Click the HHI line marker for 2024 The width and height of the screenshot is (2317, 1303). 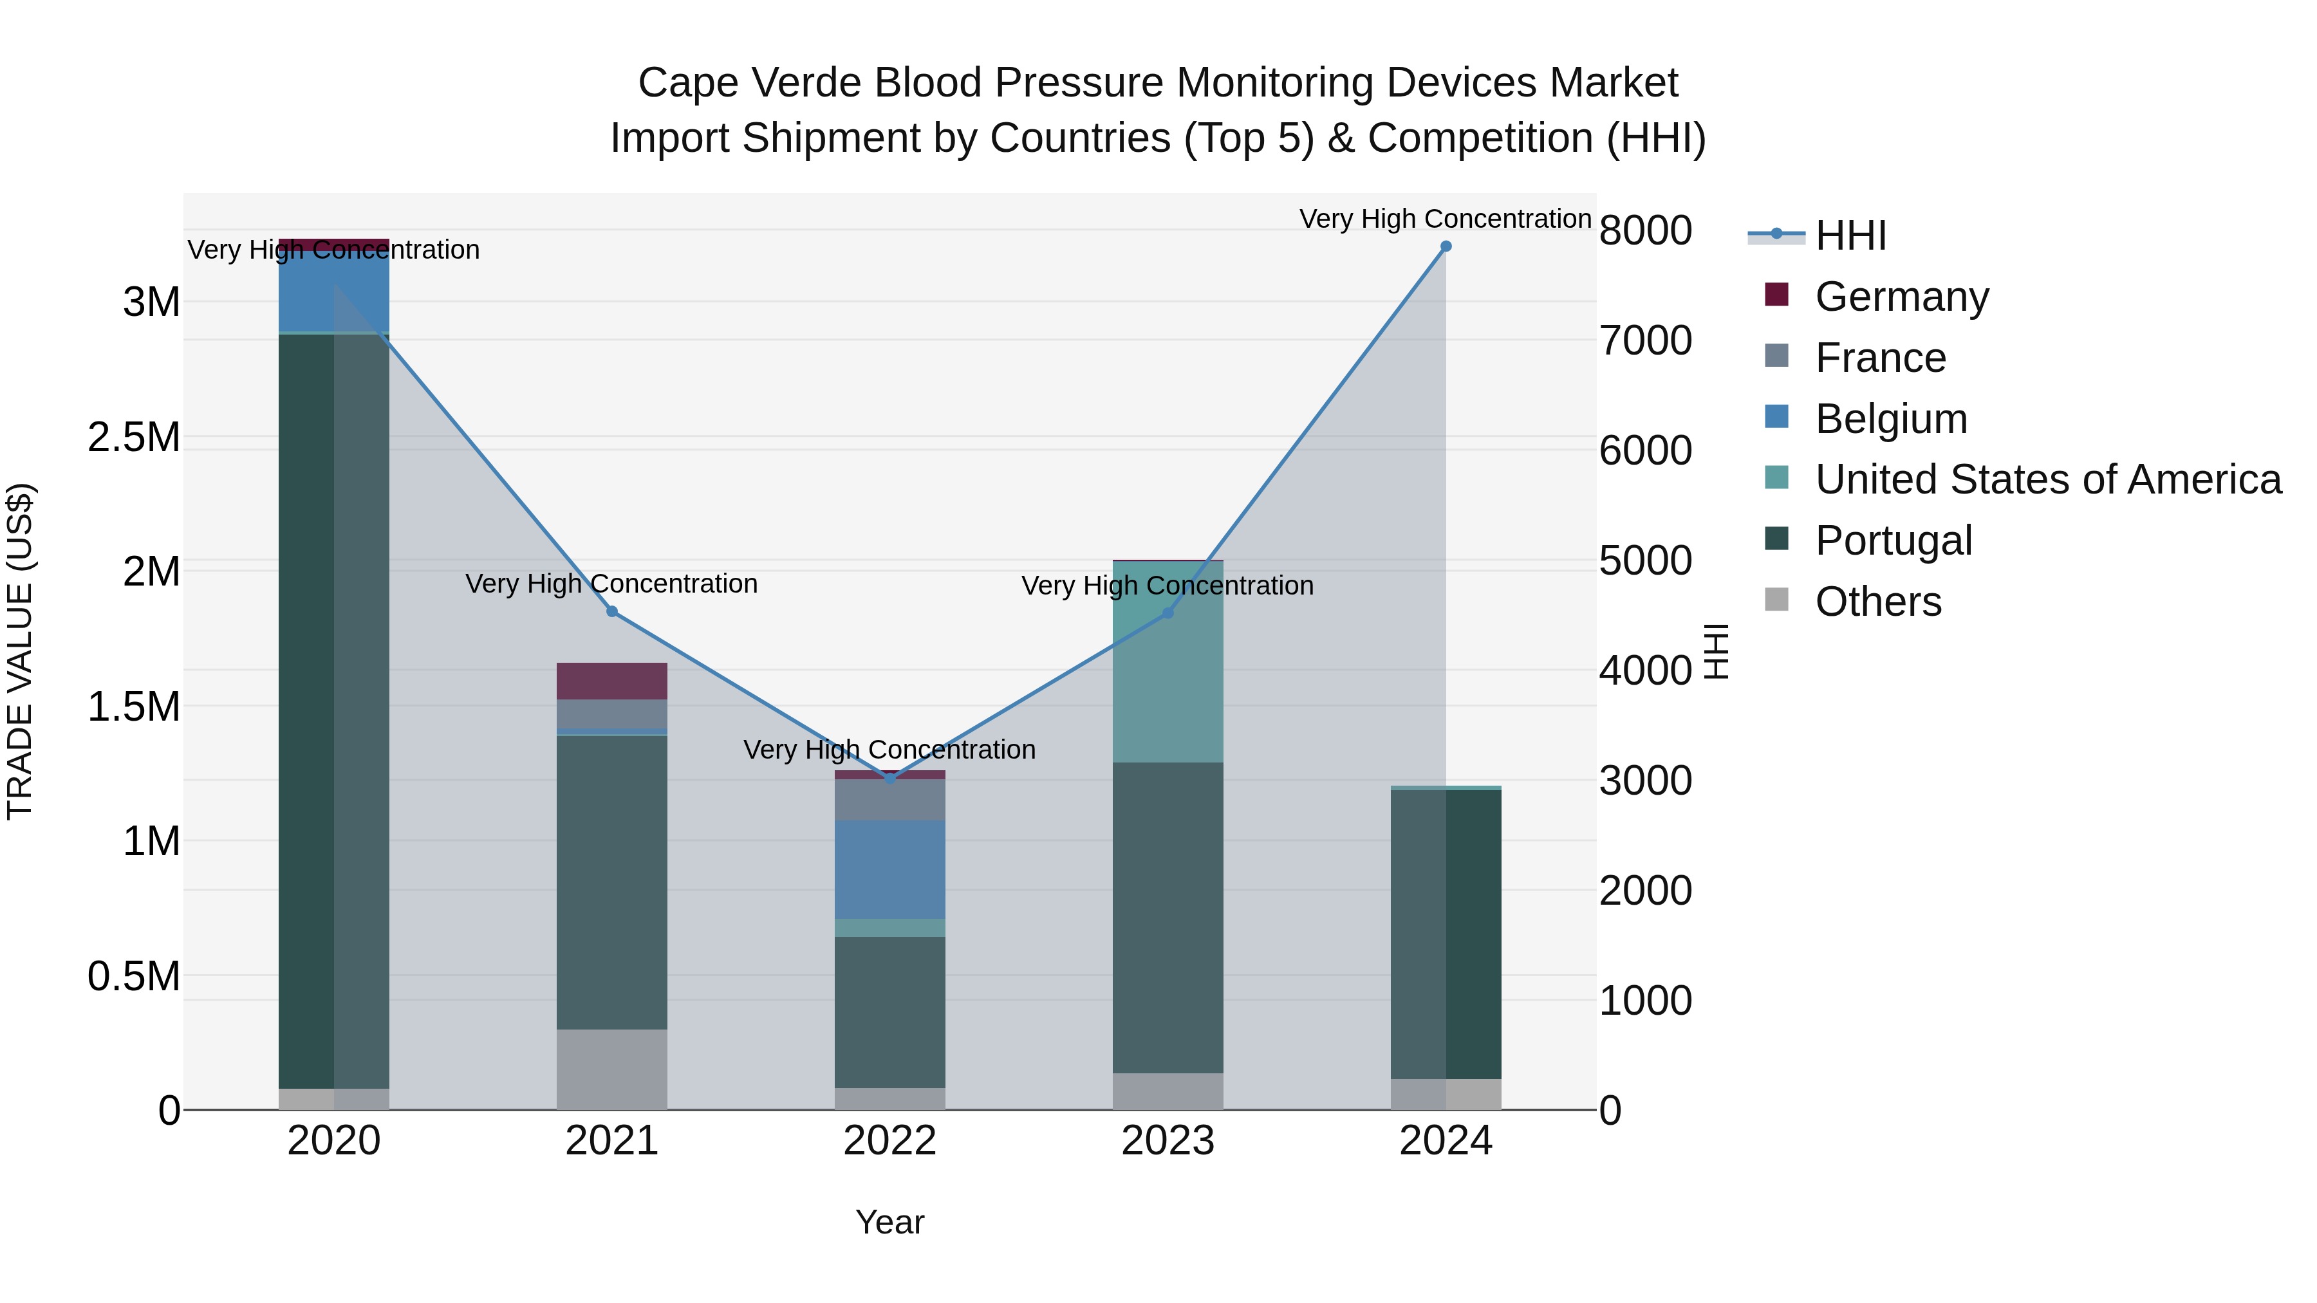coord(1446,246)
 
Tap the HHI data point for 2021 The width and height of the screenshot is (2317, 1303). coord(611,611)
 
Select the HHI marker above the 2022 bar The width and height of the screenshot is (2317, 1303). coord(891,779)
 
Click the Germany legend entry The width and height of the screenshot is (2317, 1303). coord(1901,297)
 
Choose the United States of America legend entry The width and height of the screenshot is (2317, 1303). coord(2047,479)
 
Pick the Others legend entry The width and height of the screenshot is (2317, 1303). coord(1877,602)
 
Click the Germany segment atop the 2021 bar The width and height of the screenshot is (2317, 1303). coord(611,681)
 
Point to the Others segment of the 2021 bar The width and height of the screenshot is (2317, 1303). coord(611,1069)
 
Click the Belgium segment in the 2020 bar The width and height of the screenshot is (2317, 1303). coord(333,292)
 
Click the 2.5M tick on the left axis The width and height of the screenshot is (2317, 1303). coord(134,438)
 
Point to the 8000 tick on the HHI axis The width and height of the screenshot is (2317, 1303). coord(1645,231)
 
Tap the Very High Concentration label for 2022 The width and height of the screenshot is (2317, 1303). coord(889,750)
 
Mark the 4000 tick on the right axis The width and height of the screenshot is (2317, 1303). coord(1645,671)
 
